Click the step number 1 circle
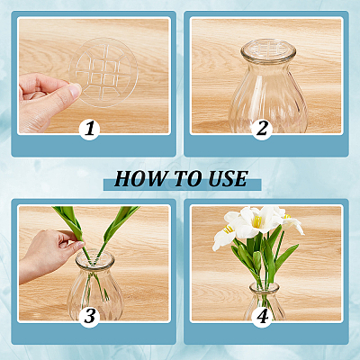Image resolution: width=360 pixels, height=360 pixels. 89,130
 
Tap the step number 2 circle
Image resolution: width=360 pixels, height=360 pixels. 262,130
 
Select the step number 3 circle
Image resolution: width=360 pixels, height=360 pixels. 89,317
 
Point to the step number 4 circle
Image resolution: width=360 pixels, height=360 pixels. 262,317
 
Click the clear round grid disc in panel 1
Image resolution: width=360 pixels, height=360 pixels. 103,72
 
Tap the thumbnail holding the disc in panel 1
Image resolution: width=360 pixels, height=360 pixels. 75,89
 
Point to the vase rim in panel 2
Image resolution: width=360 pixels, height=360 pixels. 268,49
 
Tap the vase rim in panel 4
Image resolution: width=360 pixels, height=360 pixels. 265,287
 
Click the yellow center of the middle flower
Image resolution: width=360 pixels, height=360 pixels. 257,222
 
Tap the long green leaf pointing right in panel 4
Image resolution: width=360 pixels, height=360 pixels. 286,256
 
